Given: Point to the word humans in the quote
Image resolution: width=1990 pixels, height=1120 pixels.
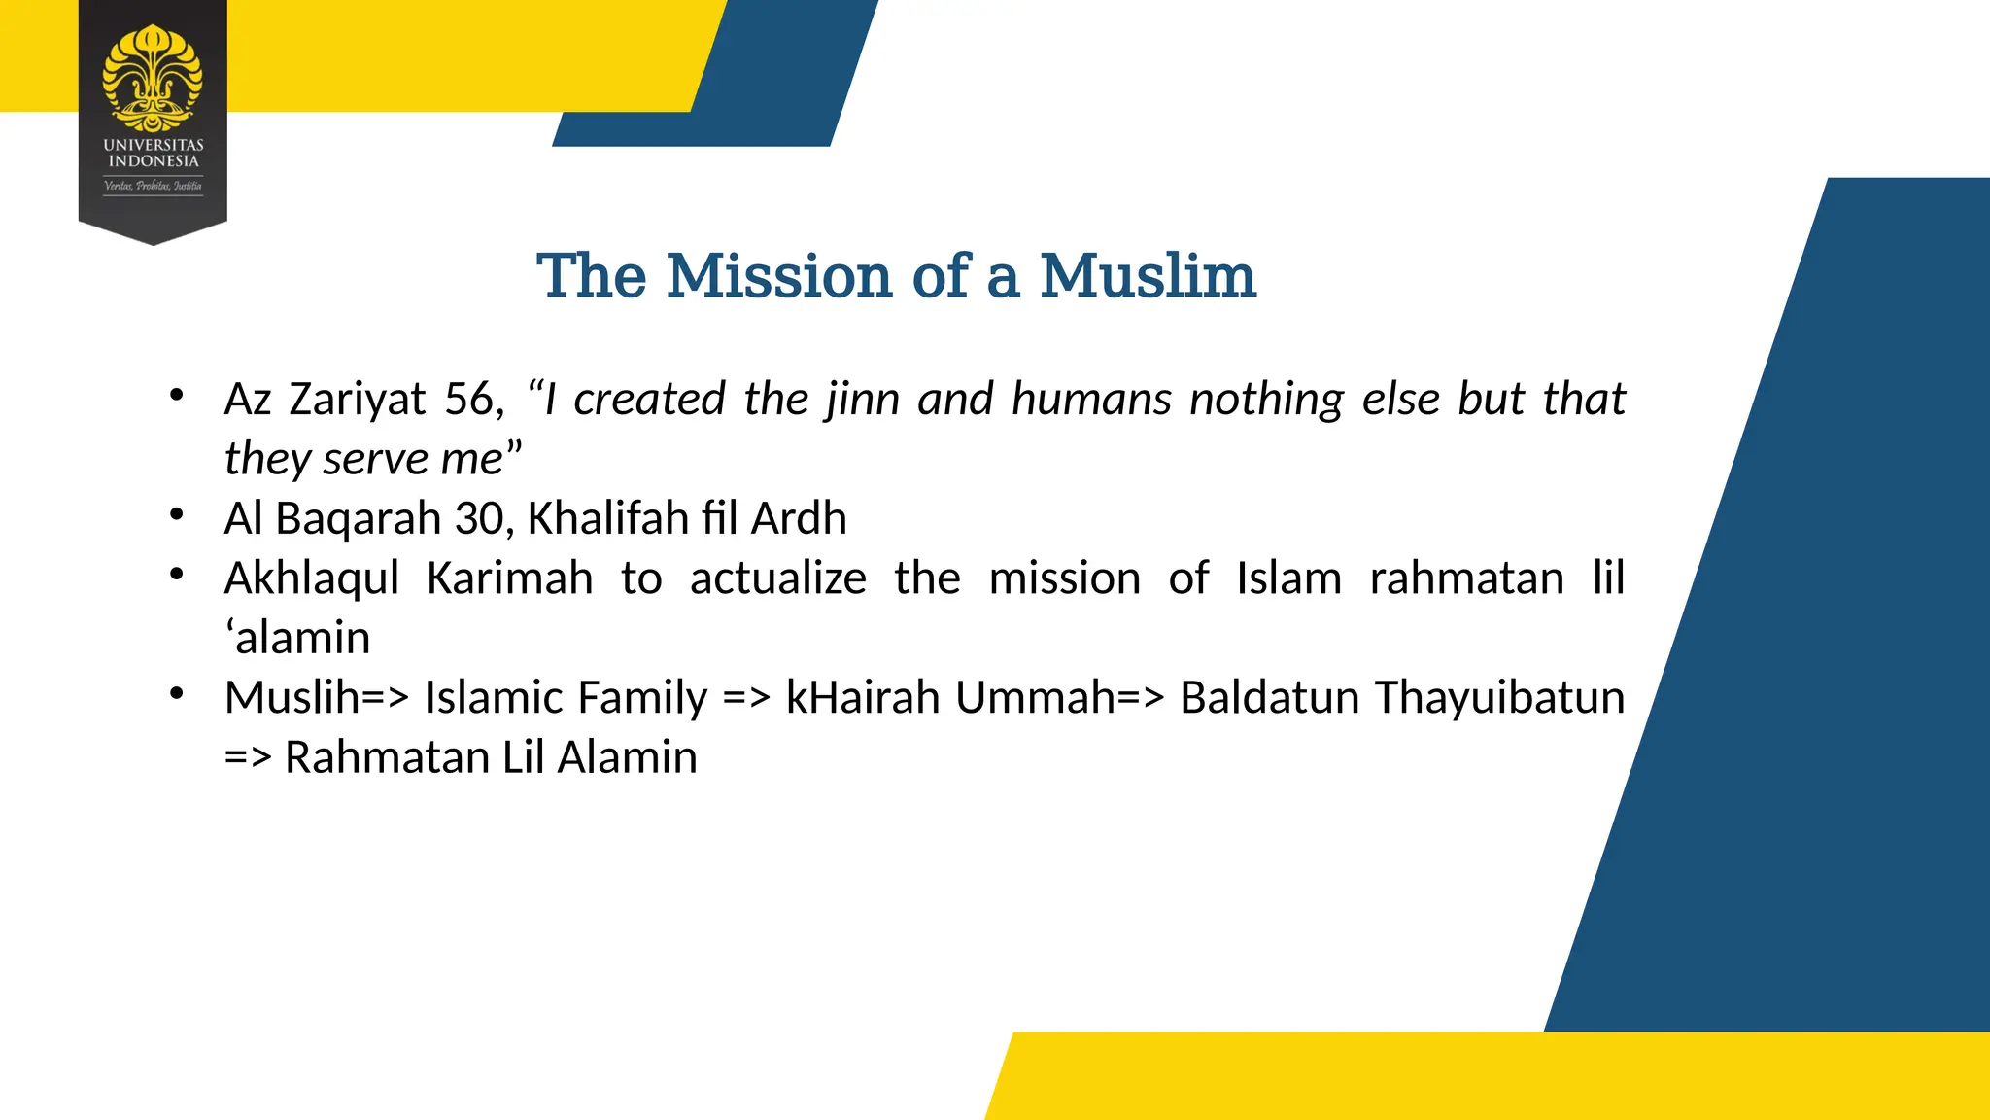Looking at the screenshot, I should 1090,399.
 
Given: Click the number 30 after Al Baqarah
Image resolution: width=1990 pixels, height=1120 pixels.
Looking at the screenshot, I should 478,518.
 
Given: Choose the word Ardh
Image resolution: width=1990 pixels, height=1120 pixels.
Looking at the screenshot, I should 799,518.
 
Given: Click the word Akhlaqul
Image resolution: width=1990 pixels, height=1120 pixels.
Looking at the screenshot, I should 311,578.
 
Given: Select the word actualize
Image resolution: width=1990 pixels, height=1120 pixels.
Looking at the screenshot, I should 777,578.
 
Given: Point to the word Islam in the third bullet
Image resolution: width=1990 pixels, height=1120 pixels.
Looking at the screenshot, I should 1288,578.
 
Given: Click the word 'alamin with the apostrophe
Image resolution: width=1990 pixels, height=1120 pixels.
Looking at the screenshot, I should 297,639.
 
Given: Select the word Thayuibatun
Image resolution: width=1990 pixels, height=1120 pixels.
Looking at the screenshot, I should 1499,698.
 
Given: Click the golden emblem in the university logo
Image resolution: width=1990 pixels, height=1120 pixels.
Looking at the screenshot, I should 153,78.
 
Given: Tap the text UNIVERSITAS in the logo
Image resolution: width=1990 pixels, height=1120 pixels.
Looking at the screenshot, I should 154,145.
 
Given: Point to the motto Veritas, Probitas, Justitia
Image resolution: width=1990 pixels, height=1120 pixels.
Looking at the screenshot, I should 154,185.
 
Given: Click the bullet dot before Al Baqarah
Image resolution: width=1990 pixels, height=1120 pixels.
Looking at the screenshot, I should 176,514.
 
